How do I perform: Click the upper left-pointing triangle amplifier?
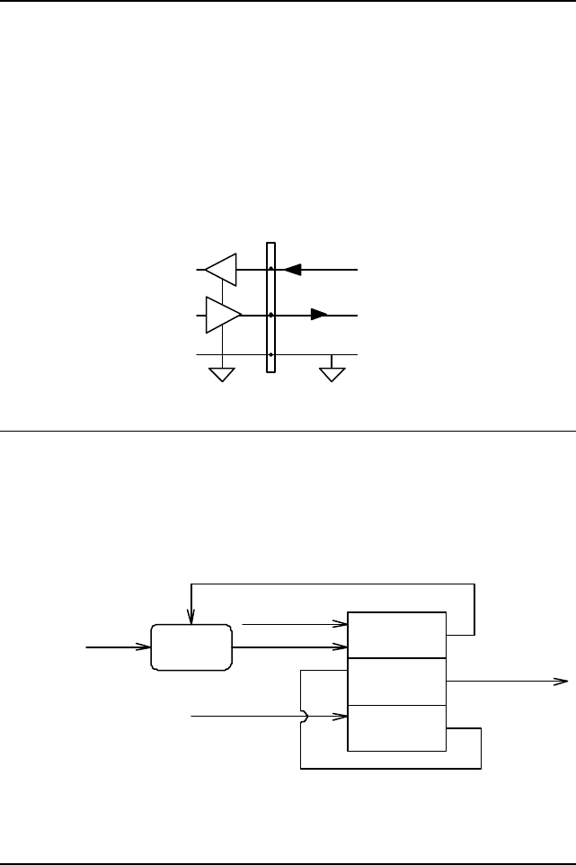(221, 268)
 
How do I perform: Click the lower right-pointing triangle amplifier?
(222, 316)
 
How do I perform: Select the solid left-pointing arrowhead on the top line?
(291, 269)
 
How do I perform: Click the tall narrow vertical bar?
(270, 307)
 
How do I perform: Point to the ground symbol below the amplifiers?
(221, 373)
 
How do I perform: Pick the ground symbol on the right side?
(332, 373)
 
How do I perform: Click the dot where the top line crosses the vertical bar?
(270, 269)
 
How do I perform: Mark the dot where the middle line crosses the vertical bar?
(270, 316)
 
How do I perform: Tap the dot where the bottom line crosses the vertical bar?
(270, 355)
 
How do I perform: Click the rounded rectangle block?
(191, 647)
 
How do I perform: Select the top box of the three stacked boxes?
(396, 635)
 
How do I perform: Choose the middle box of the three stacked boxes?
(396, 682)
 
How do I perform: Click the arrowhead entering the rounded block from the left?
(143, 647)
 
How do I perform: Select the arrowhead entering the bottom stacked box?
(342, 717)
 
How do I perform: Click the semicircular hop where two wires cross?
(306, 717)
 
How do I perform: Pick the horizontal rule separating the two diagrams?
(288, 431)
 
